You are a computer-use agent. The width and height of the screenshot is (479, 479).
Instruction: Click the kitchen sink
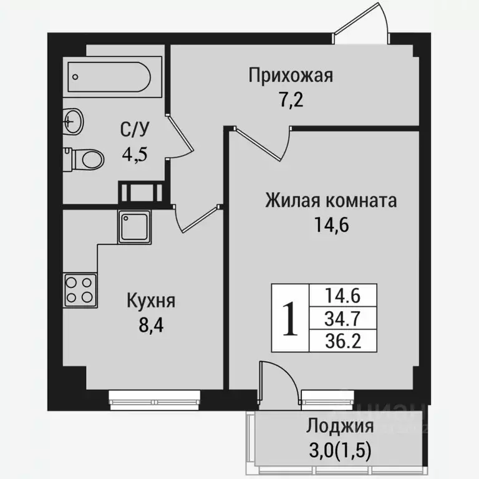pos(133,226)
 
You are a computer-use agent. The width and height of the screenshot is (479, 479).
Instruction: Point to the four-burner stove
pos(80,291)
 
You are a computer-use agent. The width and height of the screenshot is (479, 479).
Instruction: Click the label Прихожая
pos(291,76)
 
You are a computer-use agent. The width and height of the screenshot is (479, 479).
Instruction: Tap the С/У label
pos(134,130)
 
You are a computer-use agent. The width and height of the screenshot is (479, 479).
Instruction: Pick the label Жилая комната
pos(331,201)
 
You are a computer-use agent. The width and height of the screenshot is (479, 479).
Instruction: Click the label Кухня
pos(151,301)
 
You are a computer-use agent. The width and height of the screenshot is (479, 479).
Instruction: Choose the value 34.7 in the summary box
pos(343,319)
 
